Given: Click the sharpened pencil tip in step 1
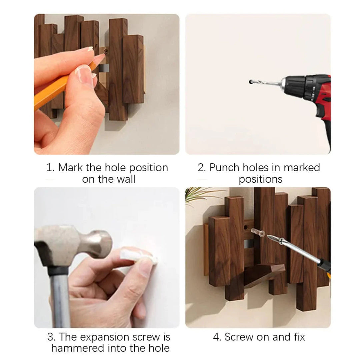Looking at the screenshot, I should (x=102, y=57).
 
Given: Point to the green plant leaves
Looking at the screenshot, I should (x=200, y=195).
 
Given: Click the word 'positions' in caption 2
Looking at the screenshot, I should (x=260, y=179).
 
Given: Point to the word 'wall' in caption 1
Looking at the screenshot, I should (x=125, y=179).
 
